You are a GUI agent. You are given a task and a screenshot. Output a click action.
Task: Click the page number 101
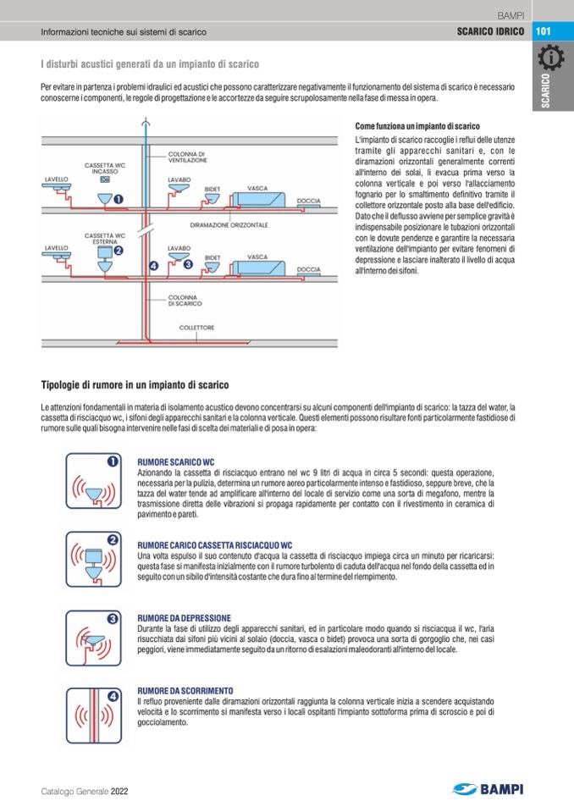tap(544, 31)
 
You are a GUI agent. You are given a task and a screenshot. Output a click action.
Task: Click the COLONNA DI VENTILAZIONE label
tap(186, 157)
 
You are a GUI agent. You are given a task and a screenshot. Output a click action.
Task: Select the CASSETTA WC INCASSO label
tap(106, 168)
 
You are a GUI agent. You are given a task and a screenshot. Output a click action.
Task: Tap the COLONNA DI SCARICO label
tap(183, 301)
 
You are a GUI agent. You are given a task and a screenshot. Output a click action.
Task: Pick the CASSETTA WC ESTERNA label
tap(106, 239)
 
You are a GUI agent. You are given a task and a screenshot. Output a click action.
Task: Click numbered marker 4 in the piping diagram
tap(153, 266)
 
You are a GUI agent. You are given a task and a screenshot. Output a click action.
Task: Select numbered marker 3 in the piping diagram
tap(189, 265)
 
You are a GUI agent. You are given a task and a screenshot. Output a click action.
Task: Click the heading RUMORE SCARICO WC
tap(176, 462)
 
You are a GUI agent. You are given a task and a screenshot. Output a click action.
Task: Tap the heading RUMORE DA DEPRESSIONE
tap(183, 619)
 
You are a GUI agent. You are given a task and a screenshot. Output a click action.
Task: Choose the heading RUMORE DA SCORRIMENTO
tap(185, 692)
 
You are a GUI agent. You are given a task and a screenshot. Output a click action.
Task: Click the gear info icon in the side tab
tap(551, 59)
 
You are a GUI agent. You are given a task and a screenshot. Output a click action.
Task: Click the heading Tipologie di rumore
tap(134, 385)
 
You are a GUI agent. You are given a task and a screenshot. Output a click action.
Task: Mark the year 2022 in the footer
tap(119, 791)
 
